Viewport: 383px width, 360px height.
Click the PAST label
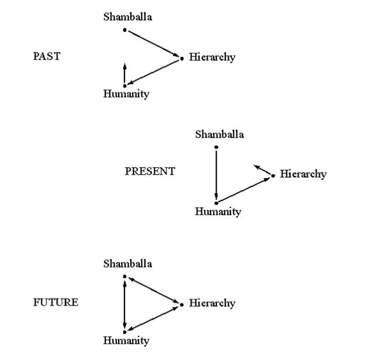point(47,56)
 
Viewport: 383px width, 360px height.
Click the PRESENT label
point(150,171)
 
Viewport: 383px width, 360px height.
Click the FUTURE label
point(56,302)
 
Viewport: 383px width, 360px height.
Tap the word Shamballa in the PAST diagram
point(127,17)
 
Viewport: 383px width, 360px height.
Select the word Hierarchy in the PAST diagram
point(212,57)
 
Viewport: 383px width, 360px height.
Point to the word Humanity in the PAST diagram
point(126,94)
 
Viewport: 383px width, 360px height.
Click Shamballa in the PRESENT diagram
point(219,135)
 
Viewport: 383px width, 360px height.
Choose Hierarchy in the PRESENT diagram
point(303,174)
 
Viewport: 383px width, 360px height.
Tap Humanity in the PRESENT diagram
point(218,211)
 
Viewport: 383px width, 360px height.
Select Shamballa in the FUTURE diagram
point(127,264)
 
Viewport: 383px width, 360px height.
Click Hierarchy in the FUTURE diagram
point(212,303)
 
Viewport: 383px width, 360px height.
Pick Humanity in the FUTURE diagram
point(126,341)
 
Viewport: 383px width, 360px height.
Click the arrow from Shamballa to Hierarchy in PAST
point(154,44)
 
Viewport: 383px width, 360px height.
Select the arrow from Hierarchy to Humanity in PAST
point(153,72)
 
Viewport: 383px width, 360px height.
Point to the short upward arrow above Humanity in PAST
point(125,73)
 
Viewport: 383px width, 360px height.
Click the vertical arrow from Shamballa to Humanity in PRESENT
point(216,175)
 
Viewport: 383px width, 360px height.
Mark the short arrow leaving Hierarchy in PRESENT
point(263,170)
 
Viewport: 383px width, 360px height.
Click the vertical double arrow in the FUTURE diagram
point(125,305)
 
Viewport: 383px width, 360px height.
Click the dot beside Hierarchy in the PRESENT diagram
point(274,176)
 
